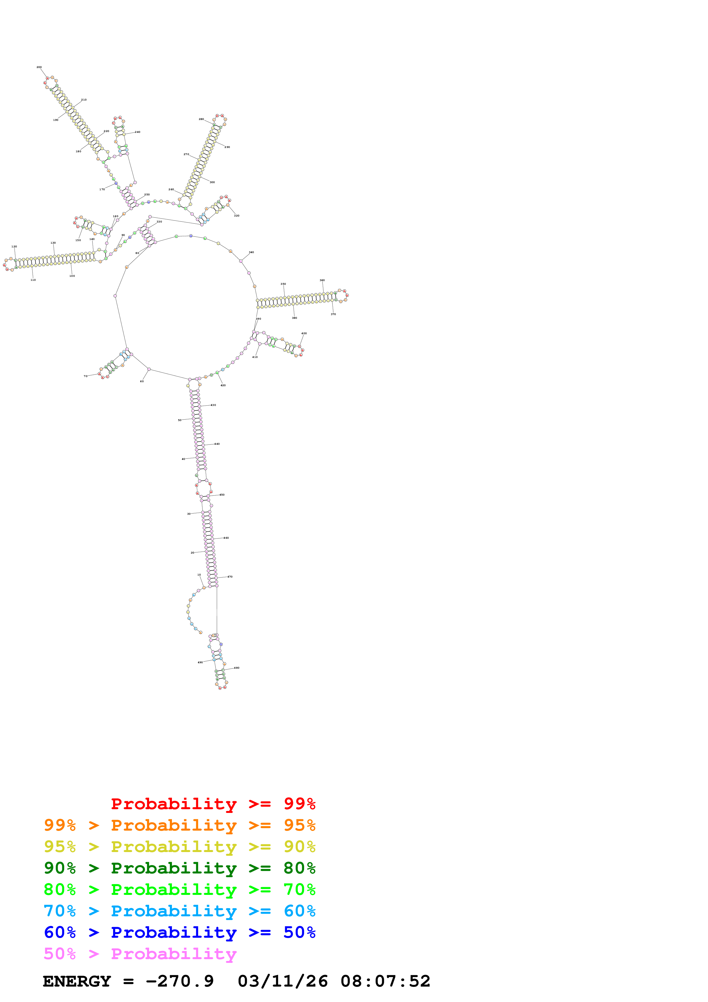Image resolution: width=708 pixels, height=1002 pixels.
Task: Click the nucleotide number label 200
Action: click(39, 67)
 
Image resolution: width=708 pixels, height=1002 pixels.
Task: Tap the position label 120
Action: click(14, 247)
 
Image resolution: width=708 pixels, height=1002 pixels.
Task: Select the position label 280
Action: click(201, 119)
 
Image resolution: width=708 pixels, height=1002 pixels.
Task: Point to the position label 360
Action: click(322, 280)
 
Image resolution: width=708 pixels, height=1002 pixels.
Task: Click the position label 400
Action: click(304, 333)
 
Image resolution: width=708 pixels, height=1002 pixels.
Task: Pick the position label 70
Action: click(85, 376)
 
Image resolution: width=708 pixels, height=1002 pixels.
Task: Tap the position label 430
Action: click(213, 405)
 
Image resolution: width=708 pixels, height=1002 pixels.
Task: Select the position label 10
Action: click(199, 575)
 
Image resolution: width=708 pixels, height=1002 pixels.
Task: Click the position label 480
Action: click(236, 668)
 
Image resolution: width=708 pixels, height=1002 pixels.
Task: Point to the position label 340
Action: click(251, 252)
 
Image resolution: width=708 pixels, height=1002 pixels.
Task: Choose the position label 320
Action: click(236, 216)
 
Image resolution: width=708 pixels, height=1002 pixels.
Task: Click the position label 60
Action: click(142, 381)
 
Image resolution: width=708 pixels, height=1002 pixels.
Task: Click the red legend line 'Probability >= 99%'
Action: click(213, 804)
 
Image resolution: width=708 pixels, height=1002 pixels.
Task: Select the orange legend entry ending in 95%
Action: click(179, 825)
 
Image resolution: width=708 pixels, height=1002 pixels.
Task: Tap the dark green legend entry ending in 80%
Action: click(179, 868)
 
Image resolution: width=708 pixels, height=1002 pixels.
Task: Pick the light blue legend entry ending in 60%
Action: click(179, 911)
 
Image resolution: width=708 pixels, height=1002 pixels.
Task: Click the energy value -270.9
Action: click(179, 981)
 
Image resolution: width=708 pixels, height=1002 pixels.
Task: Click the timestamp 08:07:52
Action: click(385, 981)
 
